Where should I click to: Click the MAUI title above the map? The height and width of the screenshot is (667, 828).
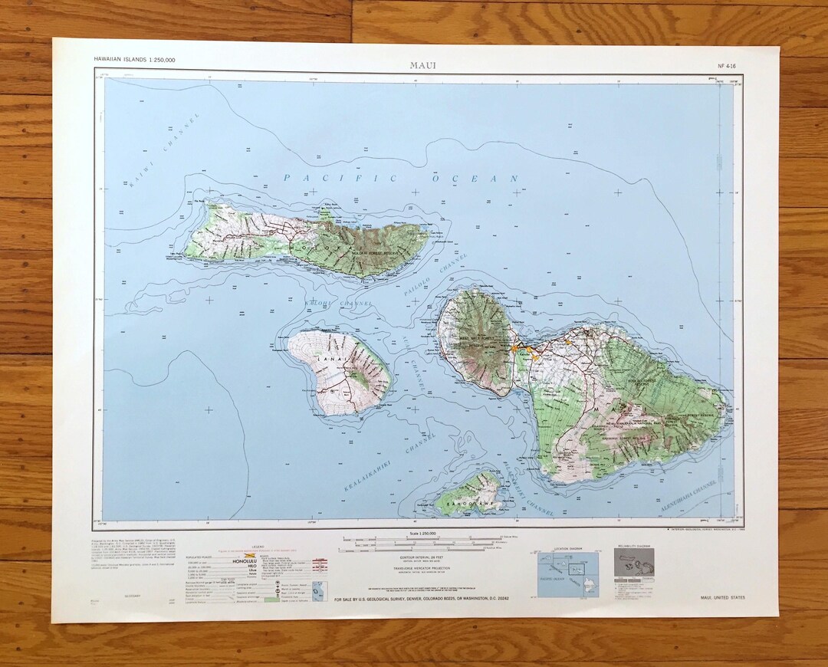tap(422, 65)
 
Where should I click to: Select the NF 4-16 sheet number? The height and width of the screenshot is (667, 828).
tap(717, 67)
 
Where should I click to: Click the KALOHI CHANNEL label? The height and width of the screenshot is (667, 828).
tap(338, 304)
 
